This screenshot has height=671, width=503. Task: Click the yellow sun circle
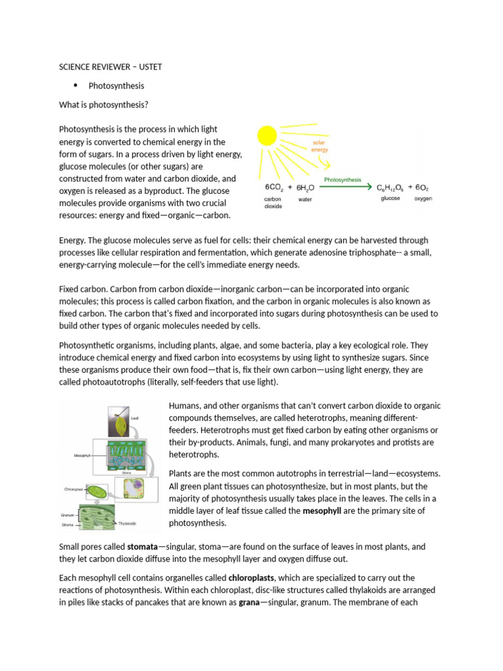click(267, 136)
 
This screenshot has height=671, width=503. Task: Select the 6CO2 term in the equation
click(270, 187)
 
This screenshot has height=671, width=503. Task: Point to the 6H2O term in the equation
click(305, 187)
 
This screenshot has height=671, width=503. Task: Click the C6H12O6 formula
click(390, 187)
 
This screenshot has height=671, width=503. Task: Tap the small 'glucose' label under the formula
click(390, 199)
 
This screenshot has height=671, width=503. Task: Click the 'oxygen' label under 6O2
click(423, 199)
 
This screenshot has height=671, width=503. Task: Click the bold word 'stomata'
click(143, 546)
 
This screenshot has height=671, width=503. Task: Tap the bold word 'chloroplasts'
click(251, 577)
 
